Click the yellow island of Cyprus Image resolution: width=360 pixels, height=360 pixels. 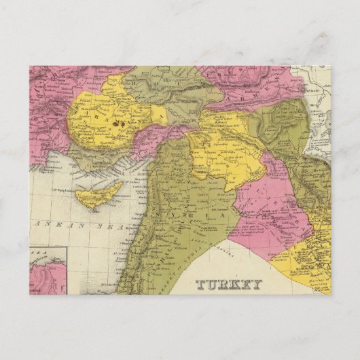click(95, 196)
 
